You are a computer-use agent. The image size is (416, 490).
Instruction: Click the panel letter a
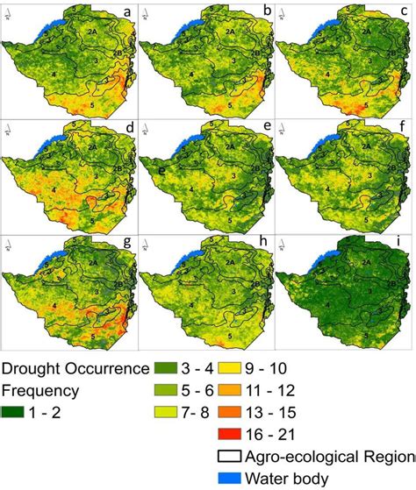pos(128,12)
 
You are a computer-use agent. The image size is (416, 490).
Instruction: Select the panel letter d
pos(128,129)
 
